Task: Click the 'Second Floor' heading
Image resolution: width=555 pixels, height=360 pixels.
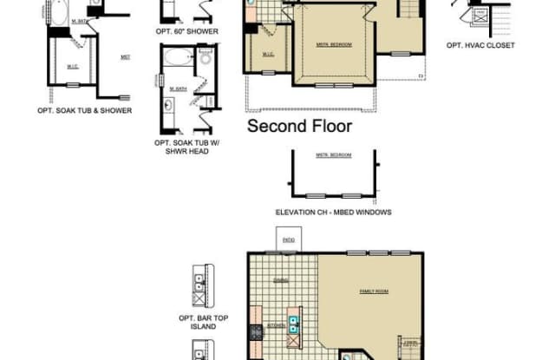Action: pyautogui.click(x=300, y=126)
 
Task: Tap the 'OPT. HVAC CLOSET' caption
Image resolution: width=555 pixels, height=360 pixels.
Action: pyautogui.click(x=480, y=45)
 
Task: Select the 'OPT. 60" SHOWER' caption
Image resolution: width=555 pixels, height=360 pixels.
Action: pyautogui.click(x=186, y=31)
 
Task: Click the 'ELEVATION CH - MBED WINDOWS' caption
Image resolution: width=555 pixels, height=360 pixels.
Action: pyautogui.click(x=333, y=212)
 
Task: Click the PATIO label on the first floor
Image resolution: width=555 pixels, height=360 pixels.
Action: pyautogui.click(x=287, y=239)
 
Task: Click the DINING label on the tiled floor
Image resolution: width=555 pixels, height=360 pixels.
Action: pyautogui.click(x=281, y=280)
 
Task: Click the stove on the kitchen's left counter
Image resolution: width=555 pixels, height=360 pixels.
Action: pyautogui.click(x=256, y=333)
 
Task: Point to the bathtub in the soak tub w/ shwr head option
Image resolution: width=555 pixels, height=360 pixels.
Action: pyautogui.click(x=178, y=58)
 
